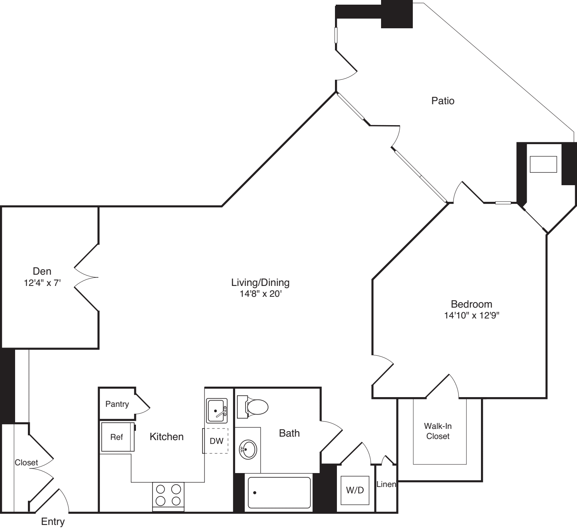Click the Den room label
coord(42,271)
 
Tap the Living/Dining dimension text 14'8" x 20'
coord(260,294)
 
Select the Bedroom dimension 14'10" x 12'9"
coord(471,315)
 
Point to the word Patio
coord(443,101)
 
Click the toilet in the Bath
coord(254,407)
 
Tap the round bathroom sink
coord(248,449)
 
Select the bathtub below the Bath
coord(279,492)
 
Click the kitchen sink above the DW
coord(217,410)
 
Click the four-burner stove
coord(168,495)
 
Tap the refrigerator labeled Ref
coord(117,437)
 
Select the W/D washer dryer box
coord(355,490)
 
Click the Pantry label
coord(117,404)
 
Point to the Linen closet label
coord(386,484)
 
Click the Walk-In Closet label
coord(438,431)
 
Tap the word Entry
coord(53,521)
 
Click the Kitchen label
coord(167,437)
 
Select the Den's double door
coord(86,277)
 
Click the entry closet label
coord(26,463)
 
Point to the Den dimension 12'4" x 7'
coord(42,283)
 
